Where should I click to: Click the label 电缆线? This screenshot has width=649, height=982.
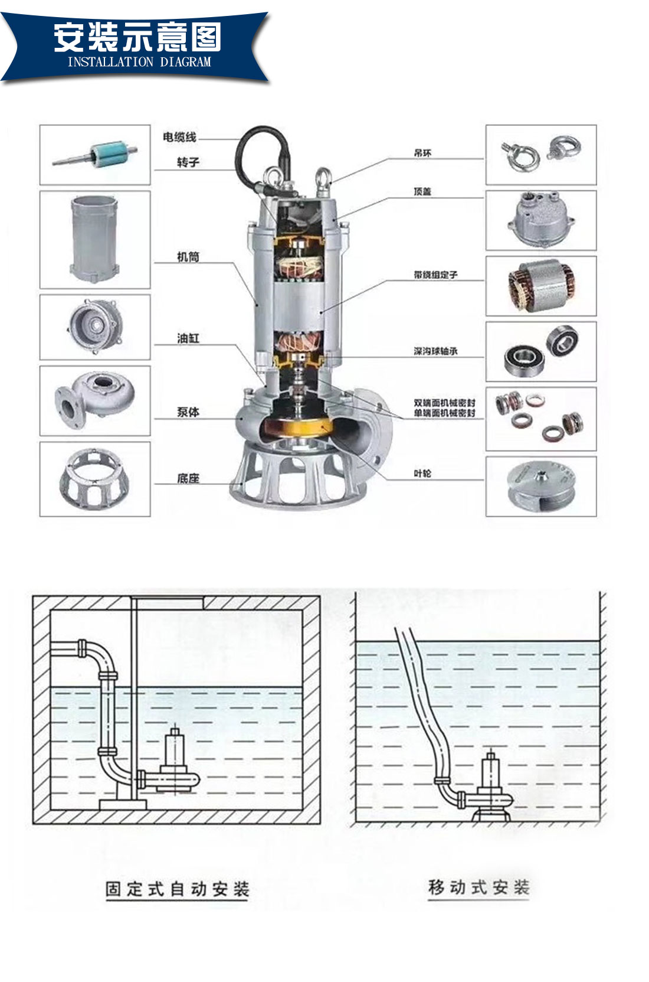click(x=179, y=137)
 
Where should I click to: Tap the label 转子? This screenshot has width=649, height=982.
click(x=188, y=162)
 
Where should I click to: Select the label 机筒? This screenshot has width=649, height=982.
click(x=188, y=257)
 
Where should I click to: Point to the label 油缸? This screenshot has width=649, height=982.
click(x=188, y=338)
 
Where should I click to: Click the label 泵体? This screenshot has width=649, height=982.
click(x=188, y=412)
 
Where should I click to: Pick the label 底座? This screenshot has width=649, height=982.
click(x=188, y=478)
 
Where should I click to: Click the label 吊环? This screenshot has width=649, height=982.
click(x=422, y=153)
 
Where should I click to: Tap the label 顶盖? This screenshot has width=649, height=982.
click(x=422, y=191)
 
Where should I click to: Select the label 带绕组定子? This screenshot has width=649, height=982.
click(x=435, y=275)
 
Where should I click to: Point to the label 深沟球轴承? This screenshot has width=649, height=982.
click(x=435, y=351)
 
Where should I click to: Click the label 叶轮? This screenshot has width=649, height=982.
click(x=422, y=474)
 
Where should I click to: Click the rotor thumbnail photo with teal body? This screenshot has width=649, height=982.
click(x=95, y=155)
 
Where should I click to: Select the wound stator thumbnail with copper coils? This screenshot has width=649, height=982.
click(x=540, y=286)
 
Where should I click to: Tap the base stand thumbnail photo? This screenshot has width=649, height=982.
click(x=95, y=479)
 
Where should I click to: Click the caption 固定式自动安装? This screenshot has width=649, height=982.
click(x=177, y=889)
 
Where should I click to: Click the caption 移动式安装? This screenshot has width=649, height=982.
click(x=478, y=887)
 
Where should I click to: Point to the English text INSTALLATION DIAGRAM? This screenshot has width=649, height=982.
click(x=139, y=62)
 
